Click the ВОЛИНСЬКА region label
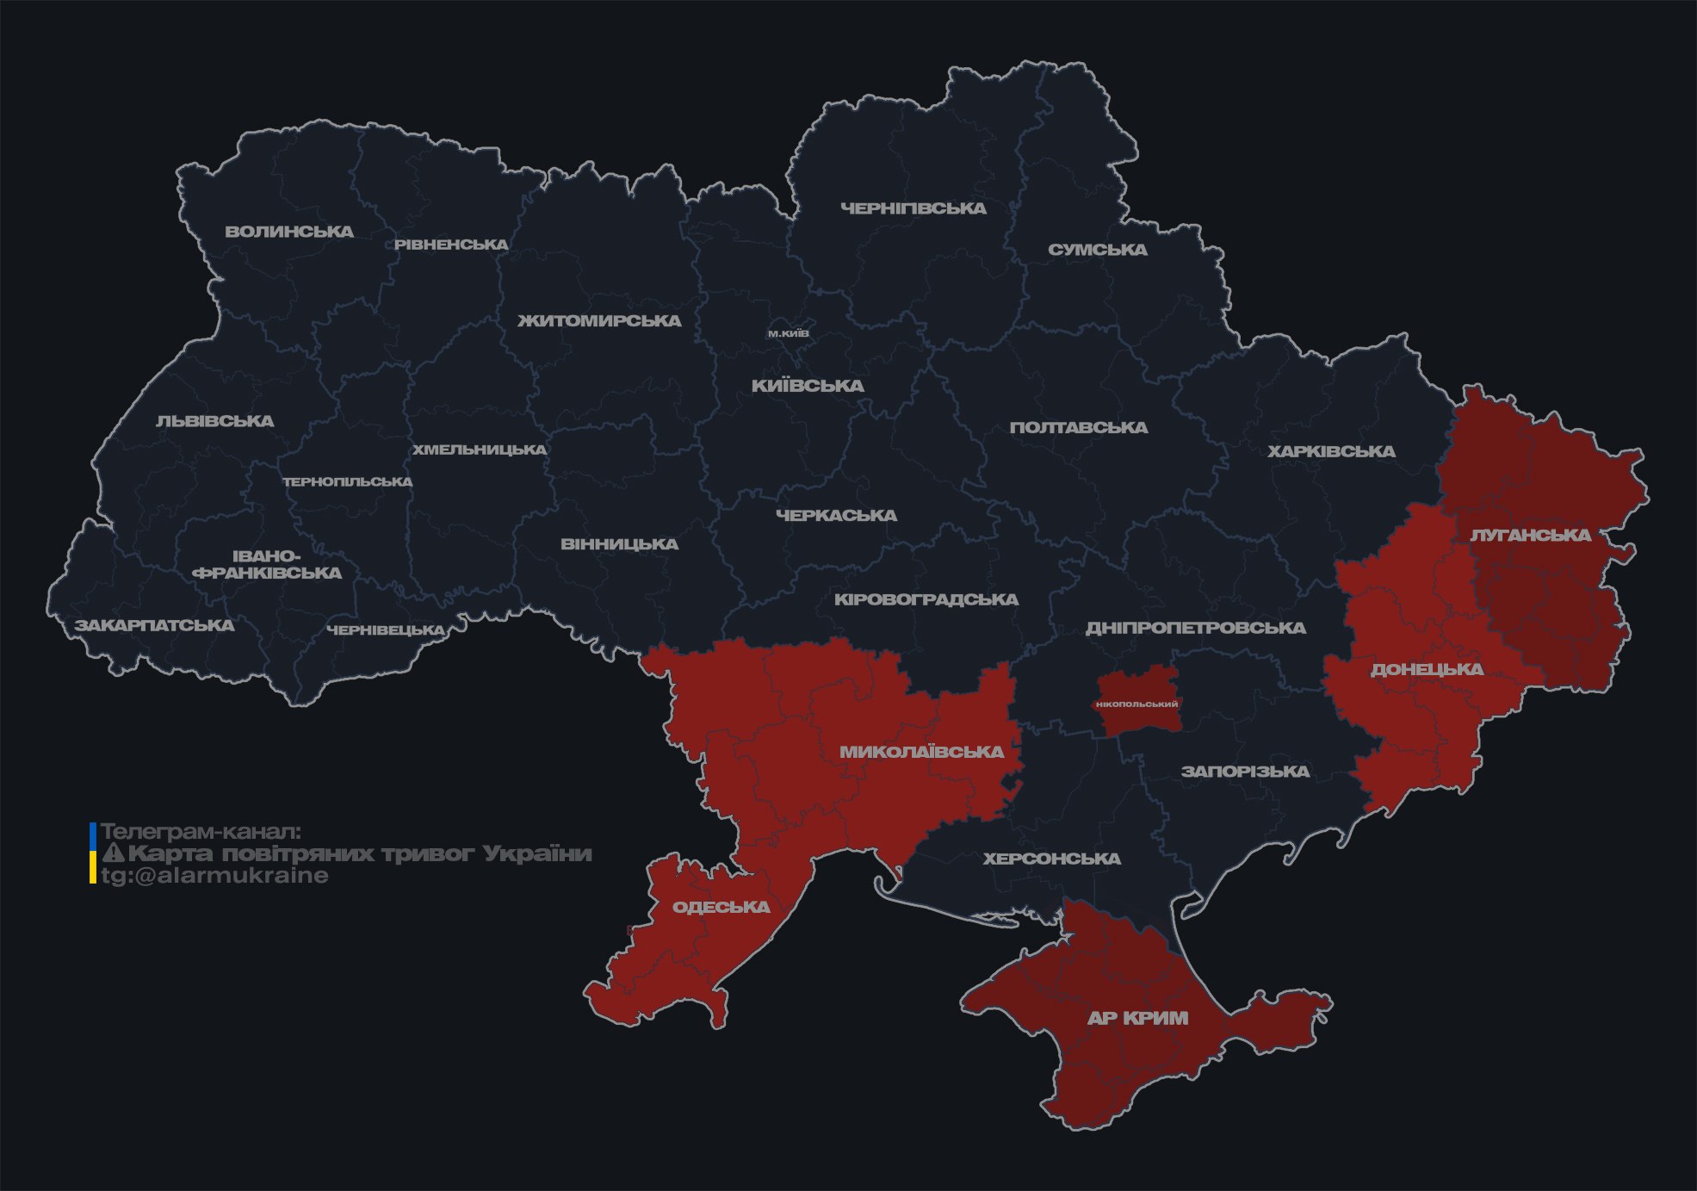tap(288, 232)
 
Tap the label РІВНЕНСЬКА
tap(451, 245)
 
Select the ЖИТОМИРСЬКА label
tap(599, 321)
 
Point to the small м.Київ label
tap(788, 333)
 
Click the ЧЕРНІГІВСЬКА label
tap(913, 208)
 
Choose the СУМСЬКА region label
tap(1097, 250)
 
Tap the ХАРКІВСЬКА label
tap(1330, 451)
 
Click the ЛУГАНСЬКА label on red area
tap(1530, 535)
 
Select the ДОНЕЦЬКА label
tap(1427, 669)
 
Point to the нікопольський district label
tap(1137, 704)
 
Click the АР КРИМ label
tap(1136, 1018)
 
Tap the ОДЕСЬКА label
tap(721, 907)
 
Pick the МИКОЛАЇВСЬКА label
tap(921, 752)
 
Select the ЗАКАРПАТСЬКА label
tap(154, 625)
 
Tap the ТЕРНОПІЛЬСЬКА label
tap(348, 482)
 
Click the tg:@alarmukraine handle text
tap(214, 876)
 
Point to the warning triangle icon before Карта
tap(113, 853)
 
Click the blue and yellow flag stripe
tap(93, 853)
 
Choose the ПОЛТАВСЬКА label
tap(1078, 427)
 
